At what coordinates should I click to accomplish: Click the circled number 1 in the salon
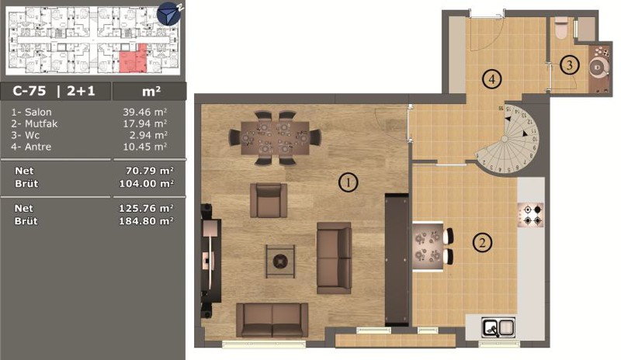pyautogui.click(x=348, y=182)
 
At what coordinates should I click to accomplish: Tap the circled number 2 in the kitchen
pyautogui.click(x=482, y=242)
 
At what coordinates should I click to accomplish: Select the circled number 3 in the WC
pyautogui.click(x=570, y=64)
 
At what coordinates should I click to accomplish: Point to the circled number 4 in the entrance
pyautogui.click(x=491, y=79)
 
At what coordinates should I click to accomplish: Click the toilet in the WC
pyautogui.click(x=561, y=28)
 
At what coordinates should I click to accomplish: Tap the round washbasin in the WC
pyautogui.click(x=597, y=68)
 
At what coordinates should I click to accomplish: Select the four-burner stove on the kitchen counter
pyautogui.click(x=531, y=215)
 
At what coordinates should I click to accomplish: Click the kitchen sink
pyautogui.click(x=498, y=327)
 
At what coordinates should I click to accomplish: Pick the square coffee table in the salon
pyautogui.click(x=280, y=261)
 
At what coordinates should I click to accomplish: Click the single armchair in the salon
pyautogui.click(x=269, y=200)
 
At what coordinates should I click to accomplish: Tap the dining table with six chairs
pyautogui.click(x=276, y=138)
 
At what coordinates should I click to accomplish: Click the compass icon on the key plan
pyautogui.click(x=169, y=14)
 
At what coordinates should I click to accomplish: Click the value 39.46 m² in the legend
pyautogui.click(x=144, y=112)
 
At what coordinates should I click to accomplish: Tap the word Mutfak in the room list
pyautogui.click(x=41, y=124)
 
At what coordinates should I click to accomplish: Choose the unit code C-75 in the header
pyautogui.click(x=29, y=91)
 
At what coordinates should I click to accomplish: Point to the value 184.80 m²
pyautogui.click(x=146, y=221)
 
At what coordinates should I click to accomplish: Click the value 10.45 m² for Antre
pyautogui.click(x=144, y=147)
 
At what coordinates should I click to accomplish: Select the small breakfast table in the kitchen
pyautogui.click(x=428, y=247)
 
